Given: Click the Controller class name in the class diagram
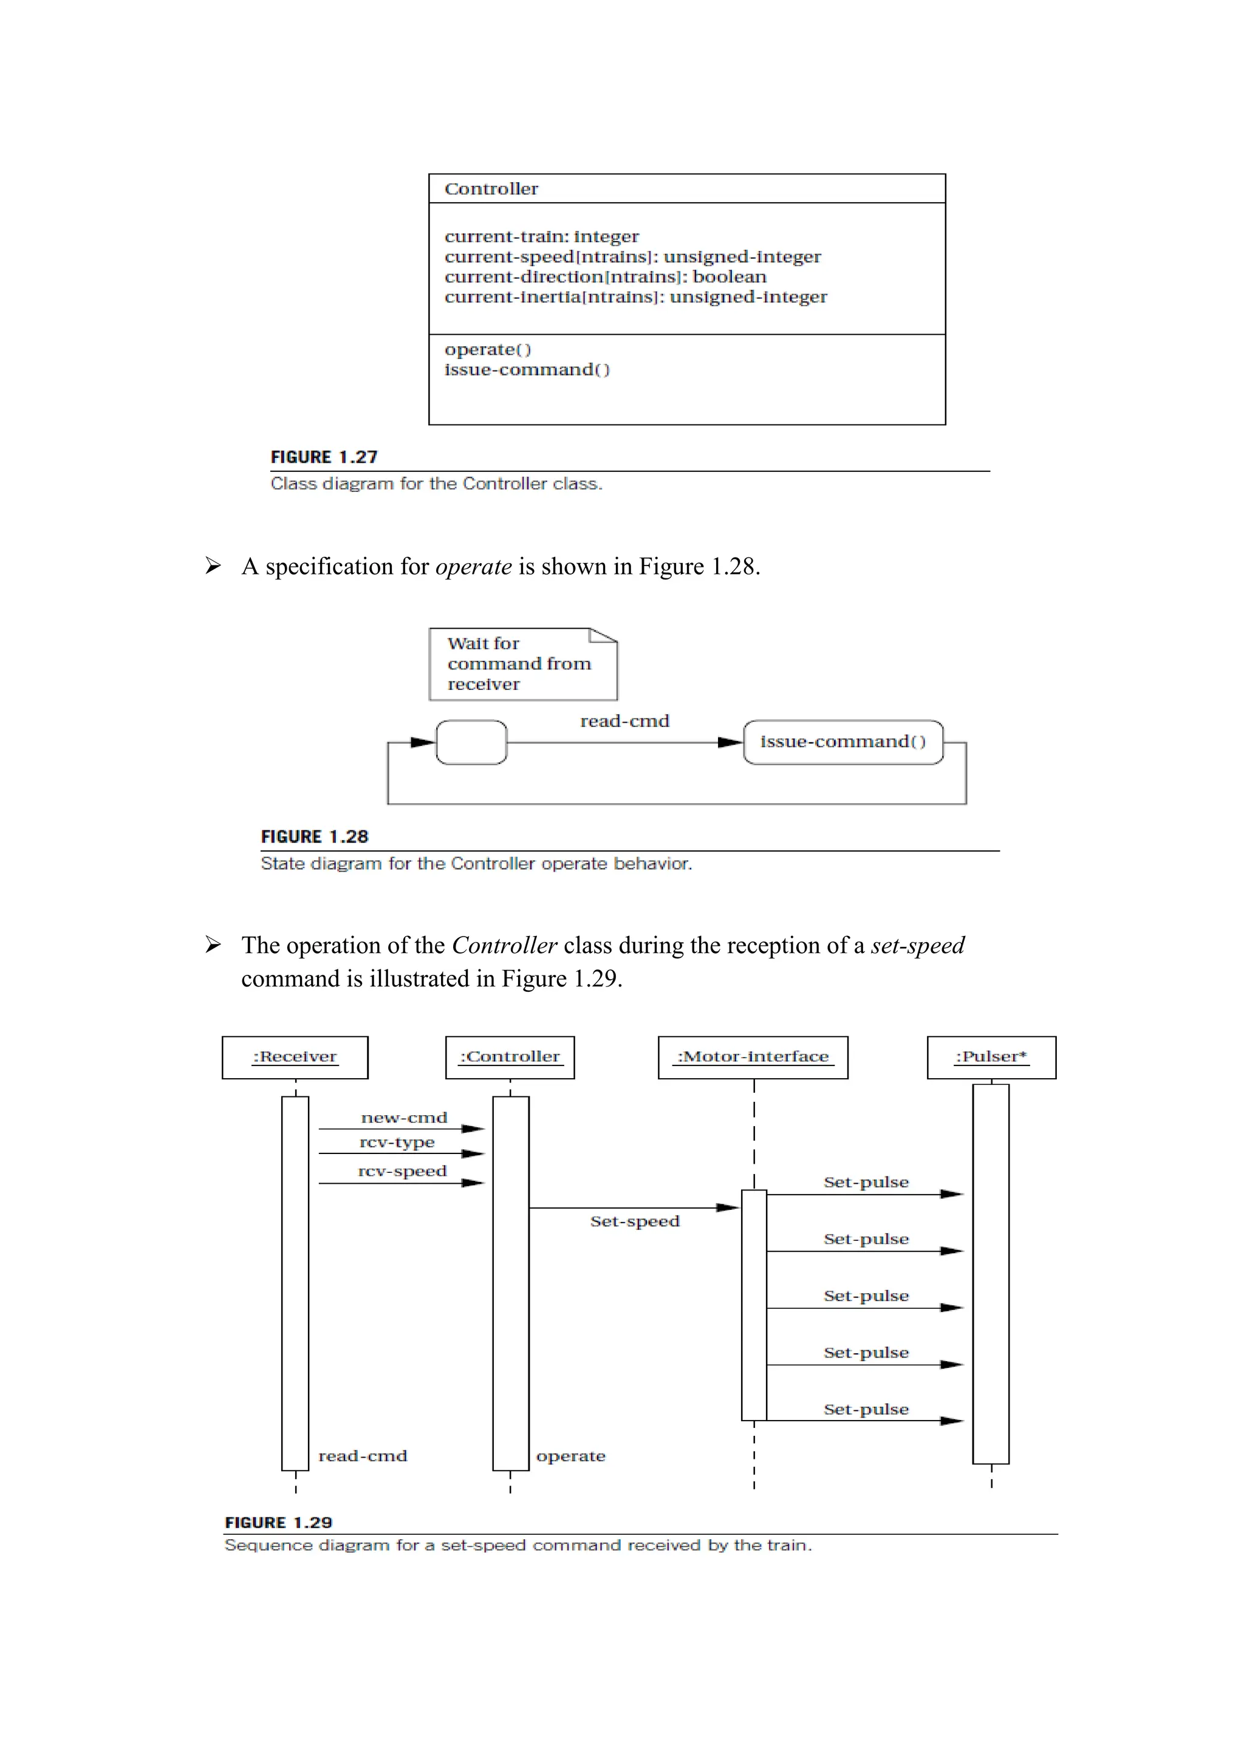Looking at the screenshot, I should coord(491,190).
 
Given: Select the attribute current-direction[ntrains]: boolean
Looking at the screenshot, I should coord(605,276).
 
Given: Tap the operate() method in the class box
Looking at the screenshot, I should coord(487,349).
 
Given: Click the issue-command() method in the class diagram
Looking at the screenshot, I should coord(527,369).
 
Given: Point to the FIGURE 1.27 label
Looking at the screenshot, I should coord(324,457).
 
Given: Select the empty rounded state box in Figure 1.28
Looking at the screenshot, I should coord(471,742).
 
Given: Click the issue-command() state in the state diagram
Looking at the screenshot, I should coord(842,742).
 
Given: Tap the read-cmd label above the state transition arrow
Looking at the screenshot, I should coord(624,721).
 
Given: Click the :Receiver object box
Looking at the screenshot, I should coord(295,1057).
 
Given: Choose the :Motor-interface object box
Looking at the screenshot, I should coord(753,1057).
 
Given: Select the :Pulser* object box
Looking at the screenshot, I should coord(991,1057).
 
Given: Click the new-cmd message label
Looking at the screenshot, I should coord(404,1118).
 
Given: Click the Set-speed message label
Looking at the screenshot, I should coord(634,1221).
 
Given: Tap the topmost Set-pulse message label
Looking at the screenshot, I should coord(866,1182).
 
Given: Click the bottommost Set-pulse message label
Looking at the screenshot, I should coord(866,1410).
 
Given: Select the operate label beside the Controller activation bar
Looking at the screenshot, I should coord(571,1456).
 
